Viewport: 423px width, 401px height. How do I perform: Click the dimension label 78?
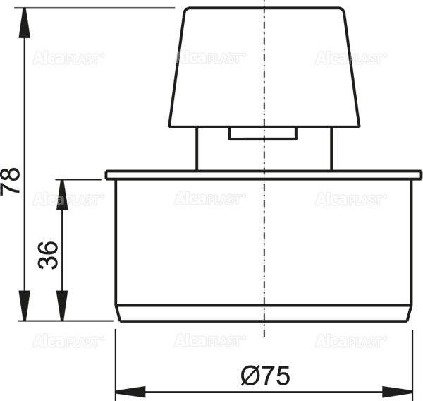point(10,181)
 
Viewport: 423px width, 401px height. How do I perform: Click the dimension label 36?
point(48,255)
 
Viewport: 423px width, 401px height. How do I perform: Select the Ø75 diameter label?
point(266,376)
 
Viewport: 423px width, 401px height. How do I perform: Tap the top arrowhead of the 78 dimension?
point(25,23)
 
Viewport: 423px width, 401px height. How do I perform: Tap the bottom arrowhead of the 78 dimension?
point(25,306)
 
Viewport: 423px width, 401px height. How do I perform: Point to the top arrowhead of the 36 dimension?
point(62,193)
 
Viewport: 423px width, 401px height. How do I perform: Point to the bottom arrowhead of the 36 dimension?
point(62,306)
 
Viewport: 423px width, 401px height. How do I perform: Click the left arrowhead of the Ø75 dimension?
point(130,392)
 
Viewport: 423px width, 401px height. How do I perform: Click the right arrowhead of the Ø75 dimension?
point(398,392)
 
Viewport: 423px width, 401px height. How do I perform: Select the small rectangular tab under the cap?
point(263,133)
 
